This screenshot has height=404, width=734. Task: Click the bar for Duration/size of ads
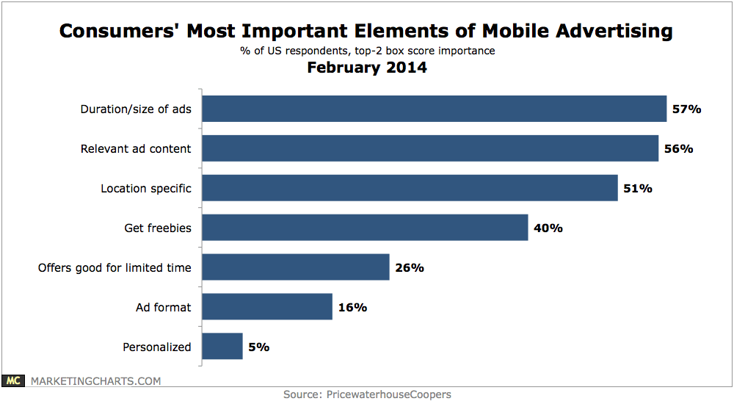click(x=434, y=109)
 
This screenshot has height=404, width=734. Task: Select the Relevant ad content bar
click(x=430, y=148)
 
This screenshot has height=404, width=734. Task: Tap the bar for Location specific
click(x=410, y=188)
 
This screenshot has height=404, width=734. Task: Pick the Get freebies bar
click(x=365, y=228)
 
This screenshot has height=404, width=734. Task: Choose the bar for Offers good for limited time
click(x=295, y=267)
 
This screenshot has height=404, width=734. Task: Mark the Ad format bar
click(x=267, y=307)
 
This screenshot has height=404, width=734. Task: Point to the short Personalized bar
click(x=222, y=347)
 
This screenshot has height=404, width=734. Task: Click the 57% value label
click(x=687, y=109)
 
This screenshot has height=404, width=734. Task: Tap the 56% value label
click(x=678, y=148)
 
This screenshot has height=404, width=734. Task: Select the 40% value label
click(x=548, y=228)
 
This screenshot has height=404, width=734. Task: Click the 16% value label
click(x=352, y=307)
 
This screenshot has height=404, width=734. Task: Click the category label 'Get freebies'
click(x=158, y=228)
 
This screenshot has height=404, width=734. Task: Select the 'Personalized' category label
click(x=157, y=347)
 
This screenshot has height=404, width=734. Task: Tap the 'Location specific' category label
click(x=146, y=188)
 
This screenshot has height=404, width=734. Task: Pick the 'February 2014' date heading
click(x=366, y=68)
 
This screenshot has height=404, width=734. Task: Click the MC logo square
click(x=12, y=380)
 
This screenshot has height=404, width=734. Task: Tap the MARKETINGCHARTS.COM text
click(x=95, y=380)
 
